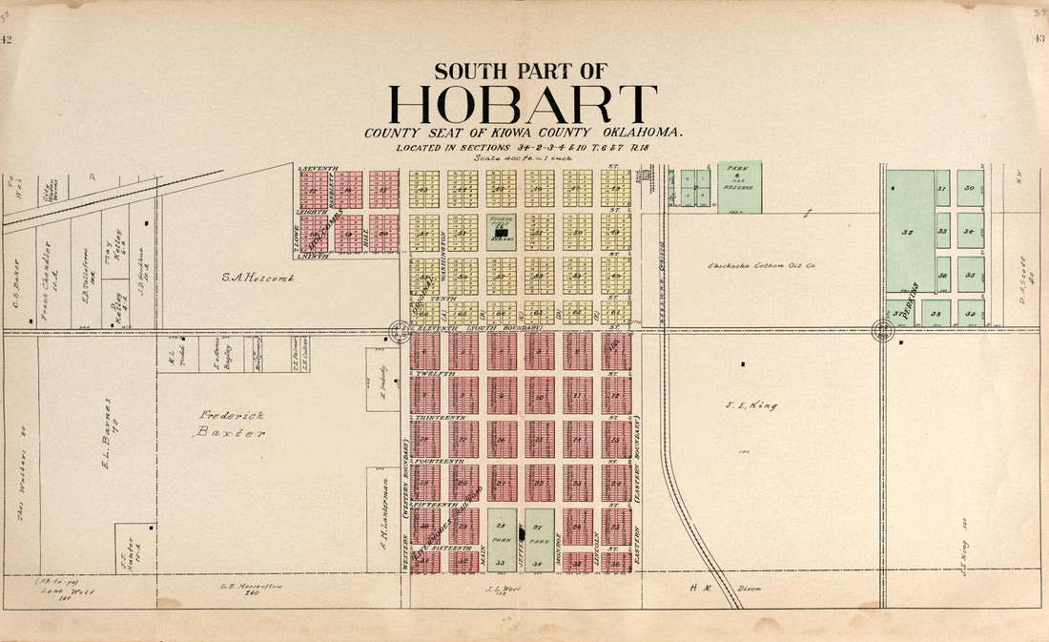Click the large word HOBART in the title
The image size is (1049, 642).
click(x=523, y=104)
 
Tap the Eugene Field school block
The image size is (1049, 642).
click(x=502, y=232)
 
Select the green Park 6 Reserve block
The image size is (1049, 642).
click(x=739, y=186)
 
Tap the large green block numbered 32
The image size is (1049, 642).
click(x=909, y=231)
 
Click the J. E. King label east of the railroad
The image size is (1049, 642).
click(x=758, y=405)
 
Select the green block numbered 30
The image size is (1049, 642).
click(x=970, y=188)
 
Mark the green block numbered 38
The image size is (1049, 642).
click(x=936, y=313)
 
